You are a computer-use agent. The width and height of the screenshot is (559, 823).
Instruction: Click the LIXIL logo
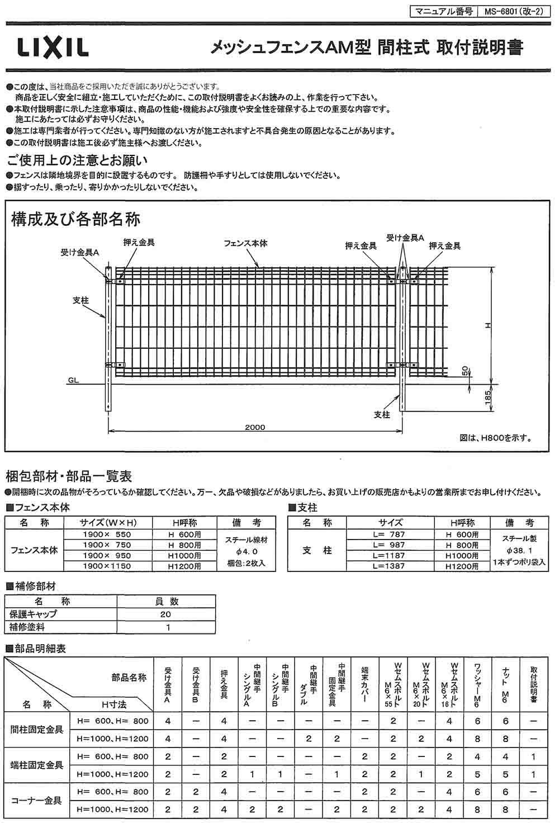point(53,48)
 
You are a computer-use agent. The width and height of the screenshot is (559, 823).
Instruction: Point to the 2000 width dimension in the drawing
point(254,427)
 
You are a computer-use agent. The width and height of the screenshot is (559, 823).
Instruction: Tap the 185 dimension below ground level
point(488,398)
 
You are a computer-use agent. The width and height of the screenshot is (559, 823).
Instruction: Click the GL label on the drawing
point(73,380)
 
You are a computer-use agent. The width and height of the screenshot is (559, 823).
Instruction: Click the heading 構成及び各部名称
point(75,219)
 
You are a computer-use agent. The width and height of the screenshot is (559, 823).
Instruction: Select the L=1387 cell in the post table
point(390,566)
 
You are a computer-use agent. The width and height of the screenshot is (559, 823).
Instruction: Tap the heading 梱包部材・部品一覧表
point(69,477)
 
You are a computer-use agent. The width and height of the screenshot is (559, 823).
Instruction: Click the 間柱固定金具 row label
point(37,729)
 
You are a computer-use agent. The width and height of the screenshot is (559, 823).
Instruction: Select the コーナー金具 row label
point(37,800)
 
